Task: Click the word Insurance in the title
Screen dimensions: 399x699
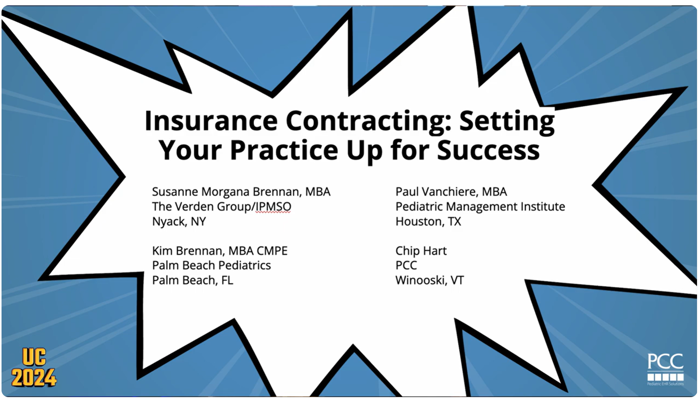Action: point(211,121)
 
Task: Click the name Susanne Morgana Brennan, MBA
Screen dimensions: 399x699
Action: point(241,191)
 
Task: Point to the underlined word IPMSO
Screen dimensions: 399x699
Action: point(273,206)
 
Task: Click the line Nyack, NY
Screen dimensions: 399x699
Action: point(179,221)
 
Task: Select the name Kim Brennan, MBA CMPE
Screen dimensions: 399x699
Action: point(220,251)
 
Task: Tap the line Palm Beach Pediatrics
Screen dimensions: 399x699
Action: point(211,265)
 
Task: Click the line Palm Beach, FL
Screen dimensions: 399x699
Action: point(192,280)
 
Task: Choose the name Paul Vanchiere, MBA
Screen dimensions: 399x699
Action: point(451,191)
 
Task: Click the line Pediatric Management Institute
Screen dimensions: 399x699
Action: point(480,206)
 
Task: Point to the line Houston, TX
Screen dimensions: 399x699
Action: point(428,221)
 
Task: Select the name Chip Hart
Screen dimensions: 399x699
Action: point(420,251)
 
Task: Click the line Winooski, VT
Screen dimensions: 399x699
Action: point(429,280)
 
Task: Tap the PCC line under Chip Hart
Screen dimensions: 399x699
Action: point(406,265)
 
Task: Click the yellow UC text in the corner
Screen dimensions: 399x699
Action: point(34,357)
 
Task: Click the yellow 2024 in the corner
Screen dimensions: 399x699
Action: point(34,378)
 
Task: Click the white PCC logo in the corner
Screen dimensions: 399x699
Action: point(665,368)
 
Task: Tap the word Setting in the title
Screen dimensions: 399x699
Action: point(507,121)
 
